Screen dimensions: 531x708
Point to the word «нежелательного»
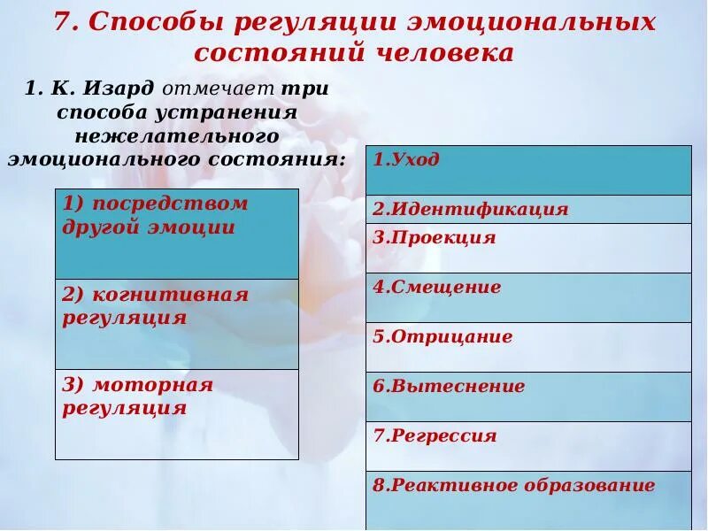coord(177,136)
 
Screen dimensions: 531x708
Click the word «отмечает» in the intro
coord(218,89)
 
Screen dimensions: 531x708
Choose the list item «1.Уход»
coord(406,160)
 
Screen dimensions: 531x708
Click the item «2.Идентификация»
coord(470,210)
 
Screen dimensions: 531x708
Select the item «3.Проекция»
coord(434,238)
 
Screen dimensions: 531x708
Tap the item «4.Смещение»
coord(436,288)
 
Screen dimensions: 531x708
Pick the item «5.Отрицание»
coord(442,337)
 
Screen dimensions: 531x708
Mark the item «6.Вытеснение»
coord(449,387)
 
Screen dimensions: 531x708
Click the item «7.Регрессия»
coord(435,436)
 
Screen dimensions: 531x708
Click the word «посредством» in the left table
coord(170,203)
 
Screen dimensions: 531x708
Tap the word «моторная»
coord(152,385)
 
